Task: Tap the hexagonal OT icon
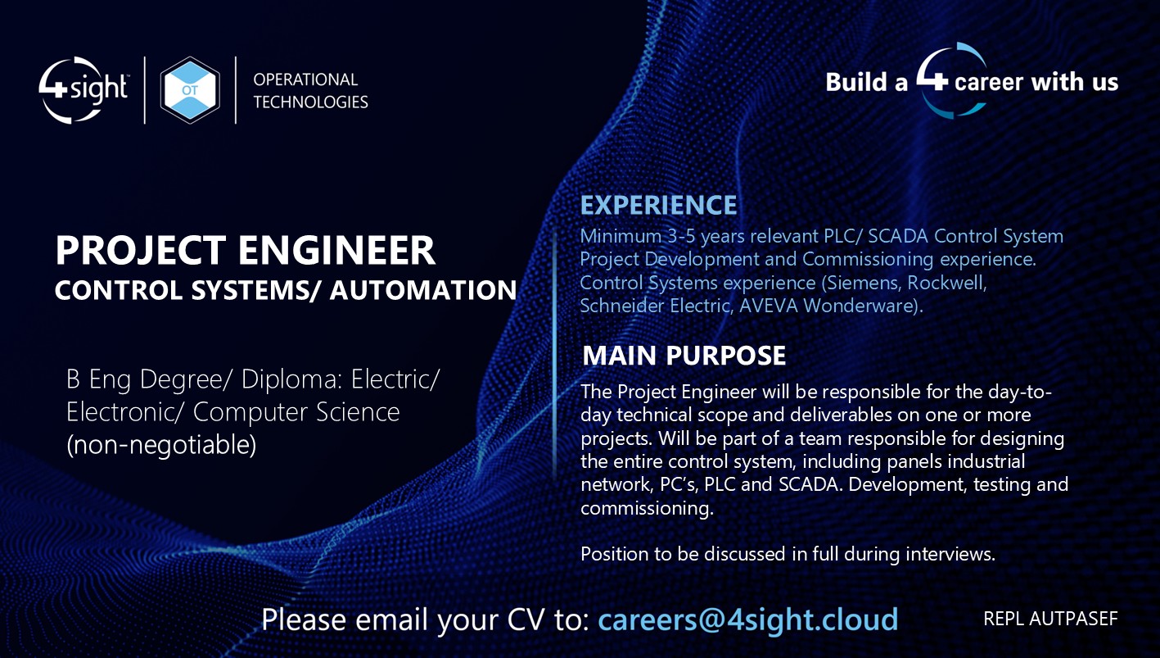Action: [x=190, y=90]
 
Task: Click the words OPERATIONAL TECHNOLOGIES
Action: [x=310, y=90]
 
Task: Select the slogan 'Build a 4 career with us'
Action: [x=972, y=82]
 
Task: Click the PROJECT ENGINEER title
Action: [x=245, y=251]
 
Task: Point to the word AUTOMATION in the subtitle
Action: [x=423, y=290]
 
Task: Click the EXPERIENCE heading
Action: [x=658, y=205]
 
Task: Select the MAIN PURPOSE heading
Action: [x=684, y=356]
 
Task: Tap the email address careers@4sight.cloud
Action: [x=747, y=619]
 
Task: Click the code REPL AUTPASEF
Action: [x=1050, y=619]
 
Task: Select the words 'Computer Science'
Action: [x=296, y=411]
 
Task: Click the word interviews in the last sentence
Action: [x=949, y=554]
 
